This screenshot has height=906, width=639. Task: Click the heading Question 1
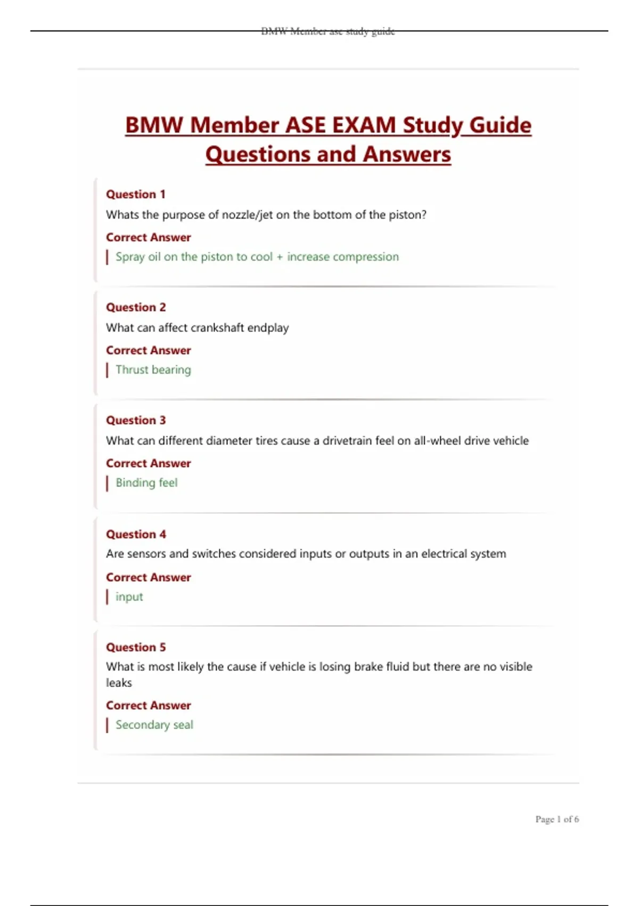pyautogui.click(x=136, y=194)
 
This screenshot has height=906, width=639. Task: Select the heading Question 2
pyautogui.click(x=136, y=307)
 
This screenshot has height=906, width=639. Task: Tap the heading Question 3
pyautogui.click(x=136, y=420)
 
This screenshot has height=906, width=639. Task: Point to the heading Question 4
pyautogui.click(x=136, y=534)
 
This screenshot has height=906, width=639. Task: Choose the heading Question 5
pyautogui.click(x=136, y=647)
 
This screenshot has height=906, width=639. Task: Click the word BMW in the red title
pyautogui.click(x=154, y=125)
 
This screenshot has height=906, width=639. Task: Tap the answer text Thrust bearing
pyautogui.click(x=153, y=370)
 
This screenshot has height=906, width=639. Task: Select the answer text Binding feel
pyautogui.click(x=146, y=483)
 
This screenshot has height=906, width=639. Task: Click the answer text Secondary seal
pyautogui.click(x=154, y=725)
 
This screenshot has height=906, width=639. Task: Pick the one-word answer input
pyautogui.click(x=129, y=597)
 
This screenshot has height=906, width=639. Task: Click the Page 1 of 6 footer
pyautogui.click(x=557, y=819)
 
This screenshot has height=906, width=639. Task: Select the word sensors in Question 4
pyautogui.click(x=146, y=554)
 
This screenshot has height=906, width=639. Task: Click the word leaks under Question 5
pyautogui.click(x=119, y=683)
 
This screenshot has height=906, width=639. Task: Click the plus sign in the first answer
pyautogui.click(x=280, y=257)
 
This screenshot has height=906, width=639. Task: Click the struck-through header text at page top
pyautogui.click(x=328, y=31)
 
